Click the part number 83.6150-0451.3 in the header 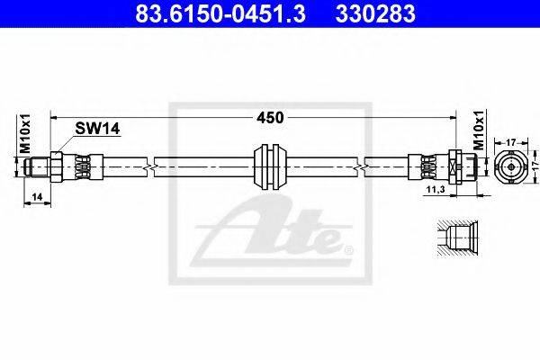coord(220,13)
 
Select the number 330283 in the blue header coord(375,13)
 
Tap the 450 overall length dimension coord(270,118)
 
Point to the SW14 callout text coord(97,129)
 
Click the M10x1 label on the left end coord(25,134)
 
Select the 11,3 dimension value coord(436,189)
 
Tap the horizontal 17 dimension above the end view coord(511,142)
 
